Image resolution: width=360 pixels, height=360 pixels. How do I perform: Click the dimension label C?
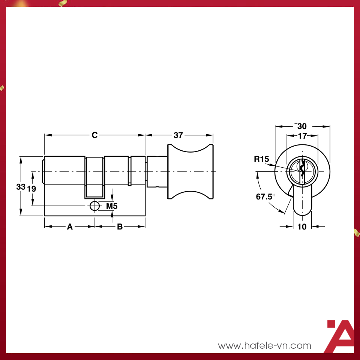94,135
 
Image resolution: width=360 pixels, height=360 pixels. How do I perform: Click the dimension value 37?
179,135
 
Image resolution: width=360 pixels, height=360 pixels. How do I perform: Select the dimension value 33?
21,186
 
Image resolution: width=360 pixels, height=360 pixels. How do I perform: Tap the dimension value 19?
32,189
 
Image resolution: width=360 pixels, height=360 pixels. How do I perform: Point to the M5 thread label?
112,206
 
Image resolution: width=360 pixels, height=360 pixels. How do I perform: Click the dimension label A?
70,226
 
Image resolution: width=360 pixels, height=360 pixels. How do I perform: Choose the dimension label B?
120,226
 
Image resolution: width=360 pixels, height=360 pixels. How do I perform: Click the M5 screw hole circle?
95,205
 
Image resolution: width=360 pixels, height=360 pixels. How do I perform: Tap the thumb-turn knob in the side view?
190,172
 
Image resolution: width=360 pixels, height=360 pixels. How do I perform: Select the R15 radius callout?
261,159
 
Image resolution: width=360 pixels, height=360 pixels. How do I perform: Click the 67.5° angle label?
265,196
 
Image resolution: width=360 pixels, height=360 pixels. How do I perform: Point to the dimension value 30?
302,126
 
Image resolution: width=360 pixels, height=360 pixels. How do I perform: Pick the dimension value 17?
302,136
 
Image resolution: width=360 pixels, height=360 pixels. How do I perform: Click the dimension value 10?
302,226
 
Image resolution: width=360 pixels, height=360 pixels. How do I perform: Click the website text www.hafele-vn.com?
264,345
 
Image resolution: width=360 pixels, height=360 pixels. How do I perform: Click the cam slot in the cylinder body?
94,178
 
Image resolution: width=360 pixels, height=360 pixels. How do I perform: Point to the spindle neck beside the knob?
156,172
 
